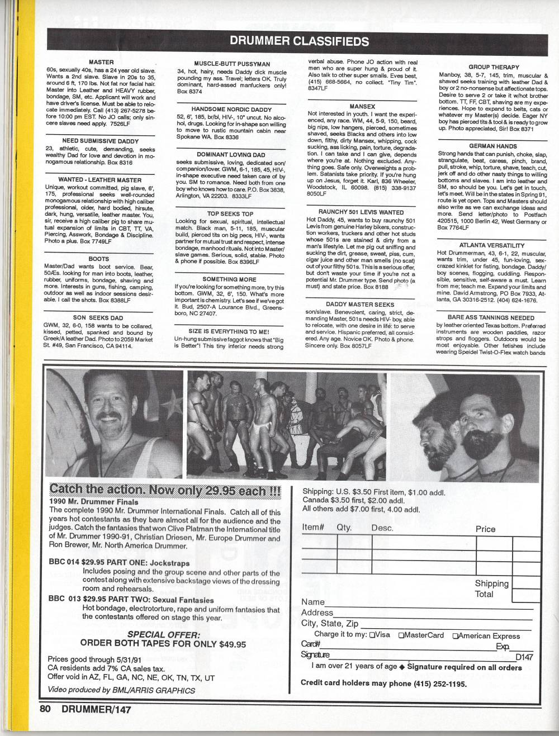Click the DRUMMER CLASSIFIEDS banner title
(299, 41)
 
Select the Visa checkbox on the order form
(372, 635)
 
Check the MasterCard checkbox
(401, 635)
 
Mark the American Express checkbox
(456, 636)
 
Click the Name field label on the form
(312, 602)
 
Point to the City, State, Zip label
(330, 623)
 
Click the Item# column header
(313, 527)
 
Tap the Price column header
(485, 529)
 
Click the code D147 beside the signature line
(524, 657)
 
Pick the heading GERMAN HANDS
(492, 146)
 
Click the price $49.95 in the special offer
(233, 644)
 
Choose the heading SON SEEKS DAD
(98, 317)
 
